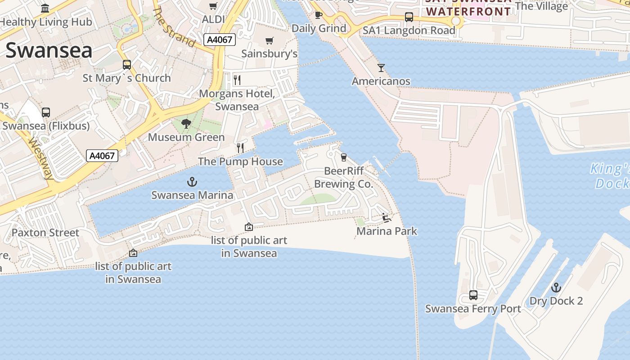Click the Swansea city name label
tap(49, 50)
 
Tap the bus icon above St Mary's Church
tap(127, 65)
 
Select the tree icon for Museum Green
tap(186, 124)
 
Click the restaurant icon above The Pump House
tap(240, 148)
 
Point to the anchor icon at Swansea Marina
tap(192, 182)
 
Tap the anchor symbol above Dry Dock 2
tap(556, 288)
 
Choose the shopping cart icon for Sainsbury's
tap(270, 41)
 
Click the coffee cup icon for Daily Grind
tap(319, 15)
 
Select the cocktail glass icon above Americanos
tap(381, 68)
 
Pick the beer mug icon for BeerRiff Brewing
tap(344, 157)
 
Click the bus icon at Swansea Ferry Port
tap(473, 295)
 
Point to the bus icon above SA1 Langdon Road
tap(409, 17)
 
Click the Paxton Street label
tap(45, 233)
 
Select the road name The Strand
tap(173, 27)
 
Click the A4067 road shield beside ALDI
tap(220, 40)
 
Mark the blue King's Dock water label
tap(611, 176)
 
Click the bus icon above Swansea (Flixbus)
tap(45, 112)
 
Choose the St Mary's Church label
tap(126, 78)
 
